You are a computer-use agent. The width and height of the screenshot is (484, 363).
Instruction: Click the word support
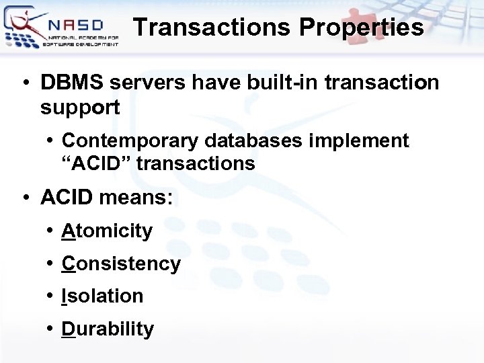80,107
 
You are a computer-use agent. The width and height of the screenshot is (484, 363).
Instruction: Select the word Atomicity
107,231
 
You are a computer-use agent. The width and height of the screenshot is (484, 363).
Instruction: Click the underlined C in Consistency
68,264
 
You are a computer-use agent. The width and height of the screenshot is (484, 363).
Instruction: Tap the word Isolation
102,296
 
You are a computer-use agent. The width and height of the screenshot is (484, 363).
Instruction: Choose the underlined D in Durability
68,329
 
